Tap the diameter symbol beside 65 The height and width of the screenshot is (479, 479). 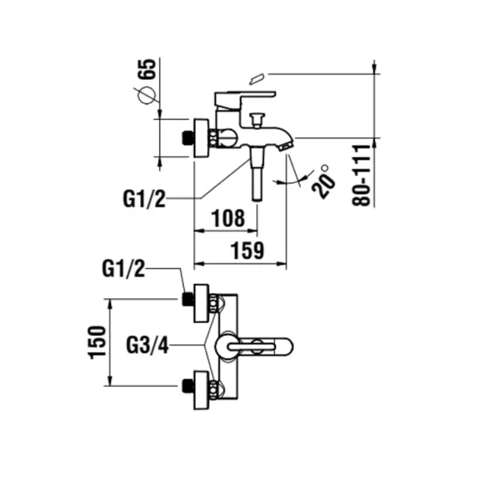coord(147,96)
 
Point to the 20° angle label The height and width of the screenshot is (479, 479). coord(324,181)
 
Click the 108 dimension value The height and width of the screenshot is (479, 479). coord(227,219)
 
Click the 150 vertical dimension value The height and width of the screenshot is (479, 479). coord(97,342)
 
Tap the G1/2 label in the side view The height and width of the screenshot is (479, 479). coord(144,199)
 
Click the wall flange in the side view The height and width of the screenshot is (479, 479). coord(201,138)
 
